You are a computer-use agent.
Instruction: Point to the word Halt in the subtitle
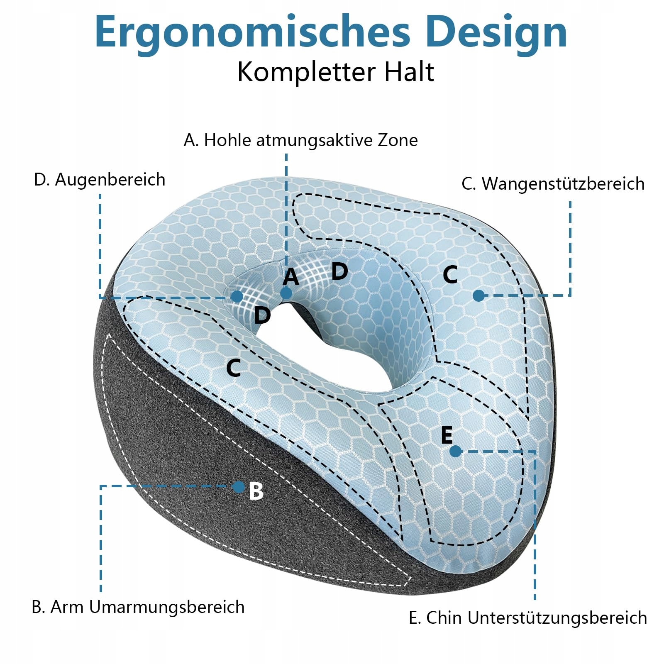[x=409, y=72]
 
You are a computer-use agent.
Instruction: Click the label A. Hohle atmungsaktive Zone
[x=300, y=140]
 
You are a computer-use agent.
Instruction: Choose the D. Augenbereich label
[x=100, y=180]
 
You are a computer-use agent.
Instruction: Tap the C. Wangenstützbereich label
[x=553, y=183]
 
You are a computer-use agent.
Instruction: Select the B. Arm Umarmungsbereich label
[x=138, y=607]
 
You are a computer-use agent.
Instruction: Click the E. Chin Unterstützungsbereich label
[x=528, y=618]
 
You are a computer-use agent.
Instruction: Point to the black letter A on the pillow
[x=290, y=277]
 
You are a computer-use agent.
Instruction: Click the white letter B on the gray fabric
[x=256, y=491]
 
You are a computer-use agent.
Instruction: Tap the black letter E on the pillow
[x=447, y=435]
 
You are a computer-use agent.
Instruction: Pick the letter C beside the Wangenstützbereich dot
[x=450, y=275]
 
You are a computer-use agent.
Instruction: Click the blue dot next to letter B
[x=239, y=487]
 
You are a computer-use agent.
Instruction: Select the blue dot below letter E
[x=455, y=451]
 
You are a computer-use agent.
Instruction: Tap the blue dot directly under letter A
[x=286, y=293]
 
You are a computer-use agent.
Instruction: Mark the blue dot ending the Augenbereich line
[x=237, y=296]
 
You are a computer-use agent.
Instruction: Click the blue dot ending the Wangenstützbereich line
[x=478, y=295]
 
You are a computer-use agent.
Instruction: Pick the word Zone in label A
[x=397, y=140]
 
